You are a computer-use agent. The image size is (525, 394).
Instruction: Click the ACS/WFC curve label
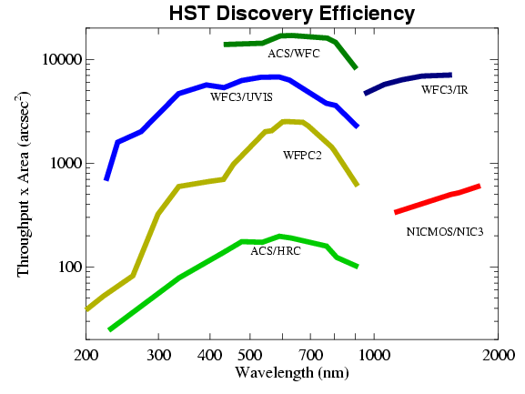point(293,54)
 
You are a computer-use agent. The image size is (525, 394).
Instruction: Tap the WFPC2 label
point(302,155)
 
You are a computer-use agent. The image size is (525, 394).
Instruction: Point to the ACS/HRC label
point(276,250)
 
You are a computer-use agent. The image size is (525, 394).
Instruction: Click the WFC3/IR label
point(444,89)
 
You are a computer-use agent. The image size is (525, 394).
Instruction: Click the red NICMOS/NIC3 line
point(437,199)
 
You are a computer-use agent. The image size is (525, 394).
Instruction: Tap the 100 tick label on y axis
point(70,268)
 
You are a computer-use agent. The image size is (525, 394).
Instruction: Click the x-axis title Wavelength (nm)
point(290,373)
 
